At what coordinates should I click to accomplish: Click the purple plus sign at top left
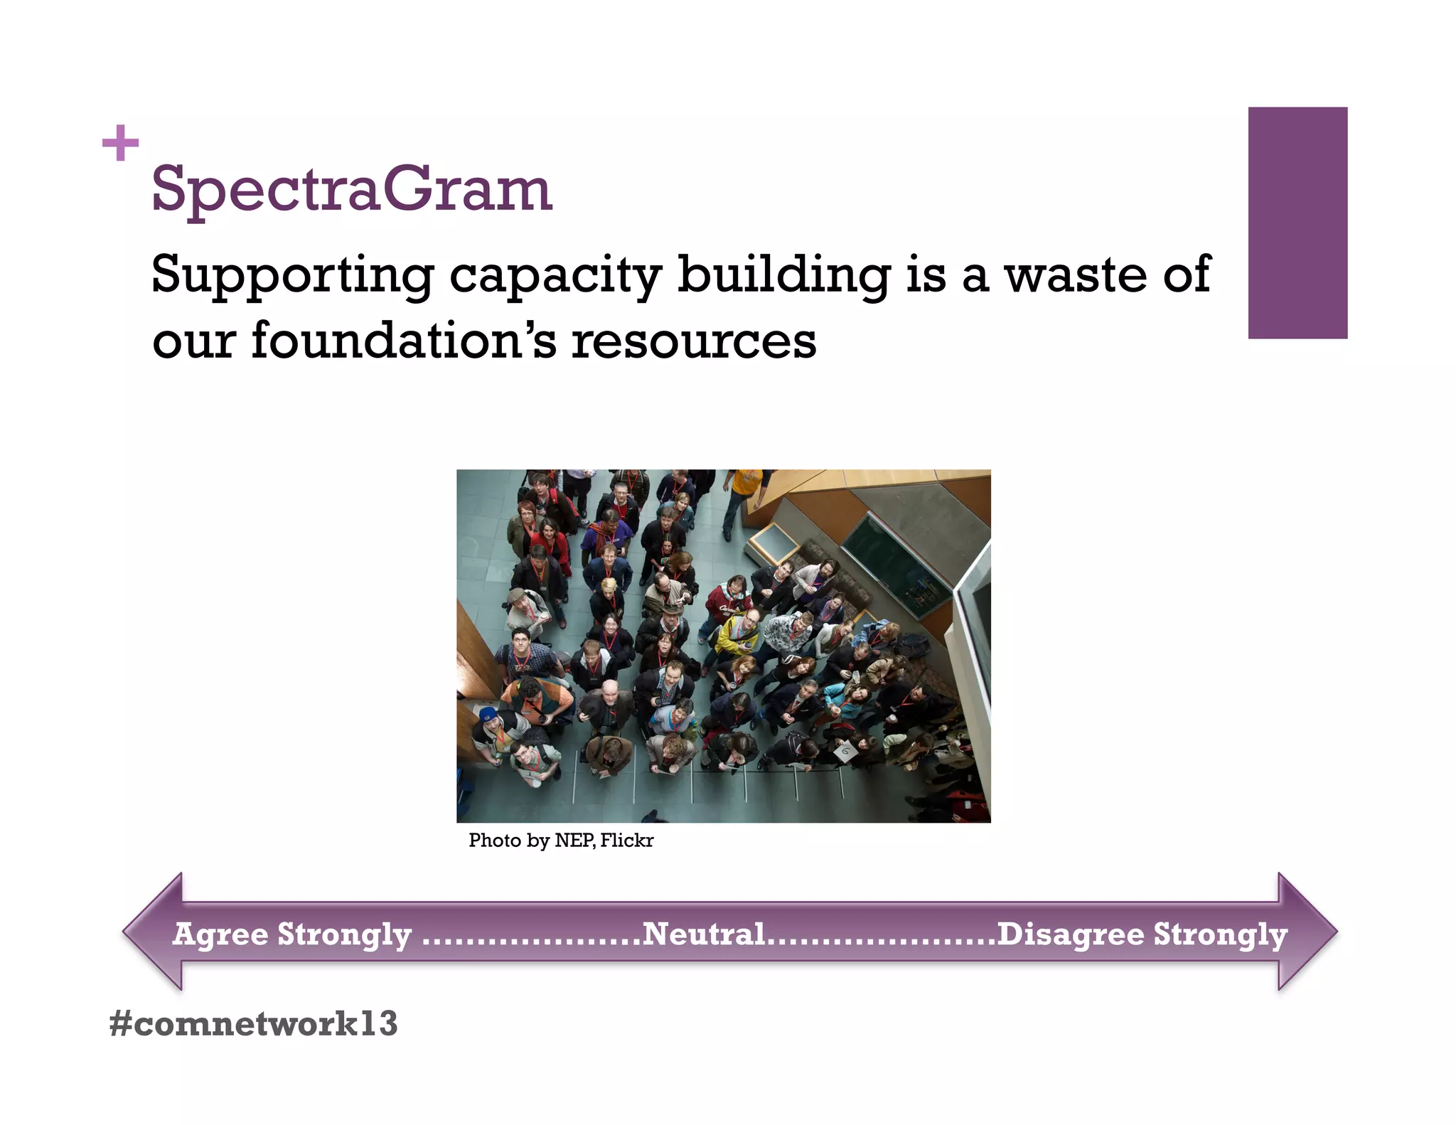click(x=120, y=143)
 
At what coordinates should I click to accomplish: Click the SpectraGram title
click(x=351, y=189)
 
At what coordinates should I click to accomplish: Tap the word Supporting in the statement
click(x=291, y=275)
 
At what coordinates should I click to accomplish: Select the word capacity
click(x=555, y=275)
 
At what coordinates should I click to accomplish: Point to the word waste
click(x=1075, y=275)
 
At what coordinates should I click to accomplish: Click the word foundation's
click(x=404, y=341)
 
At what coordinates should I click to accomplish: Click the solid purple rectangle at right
click(x=1297, y=223)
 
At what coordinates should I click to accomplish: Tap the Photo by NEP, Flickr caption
click(x=560, y=841)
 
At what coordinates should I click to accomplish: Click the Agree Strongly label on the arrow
click(x=292, y=934)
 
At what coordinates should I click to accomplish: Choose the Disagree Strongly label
click(x=1142, y=934)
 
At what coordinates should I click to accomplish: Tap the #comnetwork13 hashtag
click(x=253, y=1023)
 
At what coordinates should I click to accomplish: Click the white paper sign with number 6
click(x=844, y=751)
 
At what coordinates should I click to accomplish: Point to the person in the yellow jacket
click(x=736, y=635)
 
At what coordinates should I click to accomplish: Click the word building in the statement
click(x=783, y=275)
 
